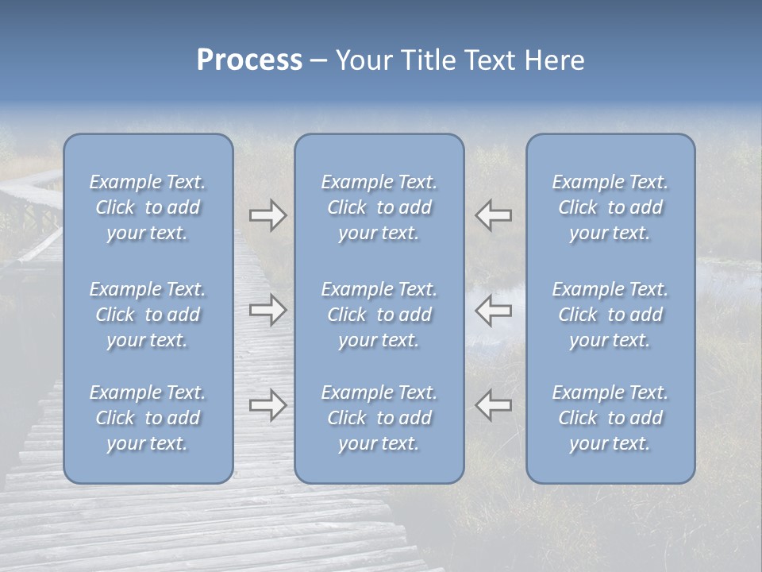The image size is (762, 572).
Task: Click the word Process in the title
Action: click(x=249, y=60)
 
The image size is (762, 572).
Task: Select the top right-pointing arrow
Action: click(x=268, y=215)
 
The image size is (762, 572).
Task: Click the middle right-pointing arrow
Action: click(x=268, y=310)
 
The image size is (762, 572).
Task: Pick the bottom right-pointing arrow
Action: click(x=268, y=405)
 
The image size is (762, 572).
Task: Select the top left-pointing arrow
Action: click(x=493, y=215)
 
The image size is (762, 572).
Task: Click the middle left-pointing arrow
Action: click(x=493, y=310)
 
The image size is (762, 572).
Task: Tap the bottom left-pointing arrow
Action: click(x=493, y=405)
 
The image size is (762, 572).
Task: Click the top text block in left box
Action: click(x=148, y=207)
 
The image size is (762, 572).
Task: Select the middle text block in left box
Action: click(x=148, y=315)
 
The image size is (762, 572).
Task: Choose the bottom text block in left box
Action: click(x=148, y=418)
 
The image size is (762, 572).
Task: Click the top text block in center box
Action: click(x=379, y=207)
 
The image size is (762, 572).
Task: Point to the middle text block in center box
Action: click(x=379, y=315)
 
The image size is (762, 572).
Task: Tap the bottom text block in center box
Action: click(x=379, y=418)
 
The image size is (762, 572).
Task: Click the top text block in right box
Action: click(x=610, y=207)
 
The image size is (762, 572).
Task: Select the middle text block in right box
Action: click(x=610, y=315)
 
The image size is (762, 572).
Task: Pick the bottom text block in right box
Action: click(x=610, y=418)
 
